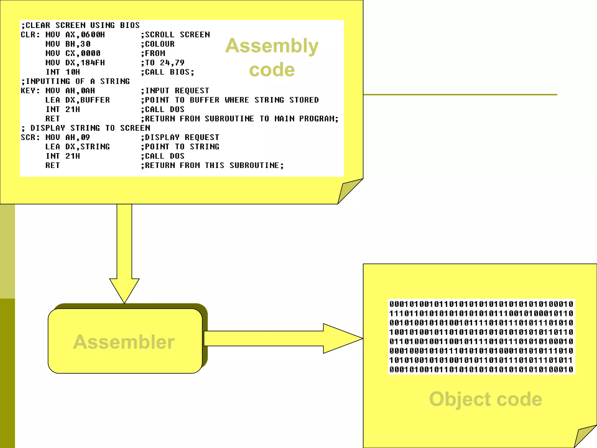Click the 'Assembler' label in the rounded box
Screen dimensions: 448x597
[124, 342]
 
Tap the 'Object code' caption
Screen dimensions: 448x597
[485, 399]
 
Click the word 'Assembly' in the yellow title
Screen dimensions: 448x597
[272, 46]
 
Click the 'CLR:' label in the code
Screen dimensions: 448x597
[30, 35]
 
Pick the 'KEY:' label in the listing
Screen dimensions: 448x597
[30, 91]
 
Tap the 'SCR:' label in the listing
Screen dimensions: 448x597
[30, 137]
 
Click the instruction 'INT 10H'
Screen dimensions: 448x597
[63, 72]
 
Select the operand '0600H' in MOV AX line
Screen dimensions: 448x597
[93, 35]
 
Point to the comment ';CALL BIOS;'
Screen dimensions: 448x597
[167, 72]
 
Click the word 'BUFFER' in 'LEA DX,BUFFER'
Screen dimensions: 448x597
[95, 100]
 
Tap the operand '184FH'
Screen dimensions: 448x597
[93, 63]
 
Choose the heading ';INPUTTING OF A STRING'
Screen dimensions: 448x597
[75, 81]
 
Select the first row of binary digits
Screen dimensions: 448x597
[481, 304]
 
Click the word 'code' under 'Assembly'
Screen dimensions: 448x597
[272, 70]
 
